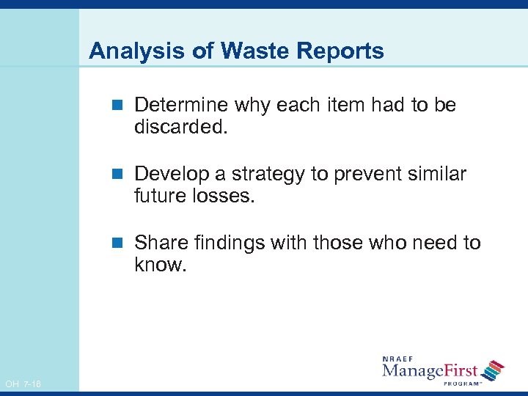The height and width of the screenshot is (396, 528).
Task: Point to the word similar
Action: (x=439, y=175)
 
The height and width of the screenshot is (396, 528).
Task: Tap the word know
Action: (x=159, y=265)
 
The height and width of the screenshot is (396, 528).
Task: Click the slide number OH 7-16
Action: (x=23, y=384)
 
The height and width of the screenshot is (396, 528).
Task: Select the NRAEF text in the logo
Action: (x=400, y=359)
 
